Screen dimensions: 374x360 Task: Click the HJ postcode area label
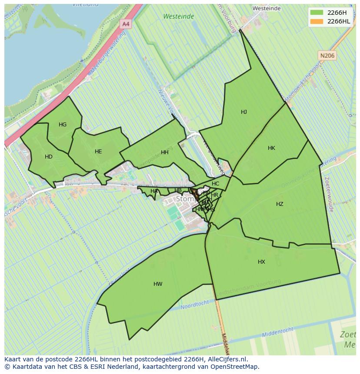[244, 112]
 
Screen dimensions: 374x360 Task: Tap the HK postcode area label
[271, 148]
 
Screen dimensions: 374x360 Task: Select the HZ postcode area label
[280, 204]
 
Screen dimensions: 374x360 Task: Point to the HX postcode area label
[261, 262]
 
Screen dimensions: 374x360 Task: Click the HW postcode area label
[158, 284]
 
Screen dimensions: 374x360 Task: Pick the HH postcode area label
[165, 152]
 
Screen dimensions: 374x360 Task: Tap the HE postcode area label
[98, 152]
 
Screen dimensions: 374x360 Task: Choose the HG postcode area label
[63, 125]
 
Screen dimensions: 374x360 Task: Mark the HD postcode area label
[49, 157]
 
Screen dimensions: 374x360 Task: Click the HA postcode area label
[154, 191]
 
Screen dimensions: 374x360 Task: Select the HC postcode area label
[216, 184]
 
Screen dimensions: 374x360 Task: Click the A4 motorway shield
[126, 24]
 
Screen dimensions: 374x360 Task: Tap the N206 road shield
[327, 56]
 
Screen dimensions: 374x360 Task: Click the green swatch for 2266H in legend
[317, 12]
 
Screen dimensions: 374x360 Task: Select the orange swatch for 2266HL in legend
[317, 21]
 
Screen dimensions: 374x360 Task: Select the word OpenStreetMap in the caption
[237, 367]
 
